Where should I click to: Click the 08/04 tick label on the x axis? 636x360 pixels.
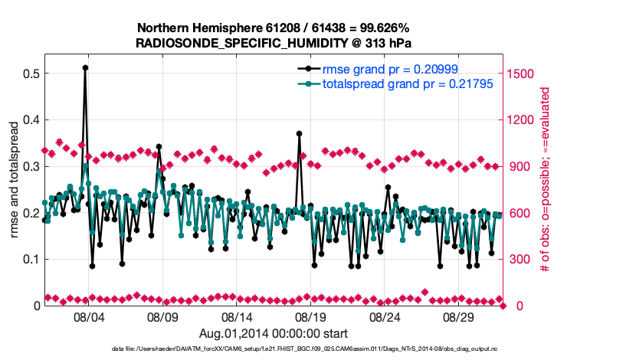click(87, 317)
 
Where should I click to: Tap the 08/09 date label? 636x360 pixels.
click(162, 317)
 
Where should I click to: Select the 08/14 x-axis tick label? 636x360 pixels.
click(236, 317)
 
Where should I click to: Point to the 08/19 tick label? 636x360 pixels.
click(310, 317)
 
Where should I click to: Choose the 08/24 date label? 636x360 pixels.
click(385, 317)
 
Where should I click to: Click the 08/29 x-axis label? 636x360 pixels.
click(459, 317)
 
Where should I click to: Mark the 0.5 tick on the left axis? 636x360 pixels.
click(31, 74)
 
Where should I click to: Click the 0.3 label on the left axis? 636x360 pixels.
click(31, 166)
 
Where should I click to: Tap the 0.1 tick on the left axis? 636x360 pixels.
click(31, 260)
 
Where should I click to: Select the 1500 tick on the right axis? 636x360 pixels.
click(521, 74)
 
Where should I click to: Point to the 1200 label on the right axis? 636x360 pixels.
click(521, 120)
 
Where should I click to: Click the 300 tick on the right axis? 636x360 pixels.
click(518, 260)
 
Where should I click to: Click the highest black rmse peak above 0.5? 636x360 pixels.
click(85, 67)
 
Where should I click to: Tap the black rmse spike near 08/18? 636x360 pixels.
click(299, 133)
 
